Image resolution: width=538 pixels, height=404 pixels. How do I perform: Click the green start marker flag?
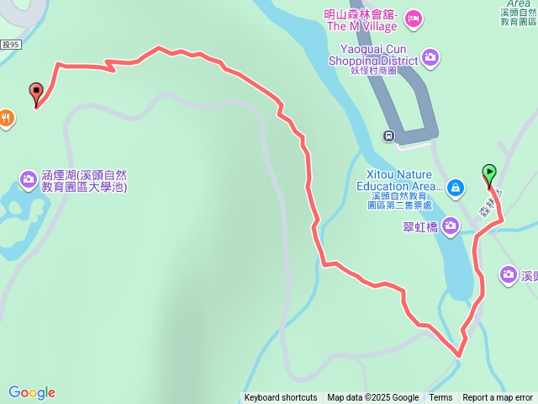pos(489,174)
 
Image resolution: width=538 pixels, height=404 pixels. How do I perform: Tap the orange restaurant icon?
pos(7,118)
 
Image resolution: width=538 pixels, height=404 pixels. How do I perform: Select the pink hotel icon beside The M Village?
pos(413,17)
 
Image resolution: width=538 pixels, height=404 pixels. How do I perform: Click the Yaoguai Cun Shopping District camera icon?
pos(430,56)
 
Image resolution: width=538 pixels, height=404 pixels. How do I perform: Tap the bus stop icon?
pos(389,135)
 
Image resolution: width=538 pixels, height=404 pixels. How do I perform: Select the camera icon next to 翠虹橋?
pos(451,225)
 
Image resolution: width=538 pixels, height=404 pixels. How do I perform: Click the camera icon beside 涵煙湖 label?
pos(28,178)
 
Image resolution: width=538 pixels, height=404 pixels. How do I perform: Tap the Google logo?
pos(32,392)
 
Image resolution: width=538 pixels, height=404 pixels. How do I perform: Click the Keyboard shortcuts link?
pos(281,398)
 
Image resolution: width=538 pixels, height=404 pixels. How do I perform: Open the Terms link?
pos(440,398)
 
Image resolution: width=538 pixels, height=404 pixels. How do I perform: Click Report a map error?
pos(498,398)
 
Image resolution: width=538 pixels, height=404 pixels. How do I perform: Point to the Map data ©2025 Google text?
pos(372,398)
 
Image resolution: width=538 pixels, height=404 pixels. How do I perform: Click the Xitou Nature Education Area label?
pos(398,180)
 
